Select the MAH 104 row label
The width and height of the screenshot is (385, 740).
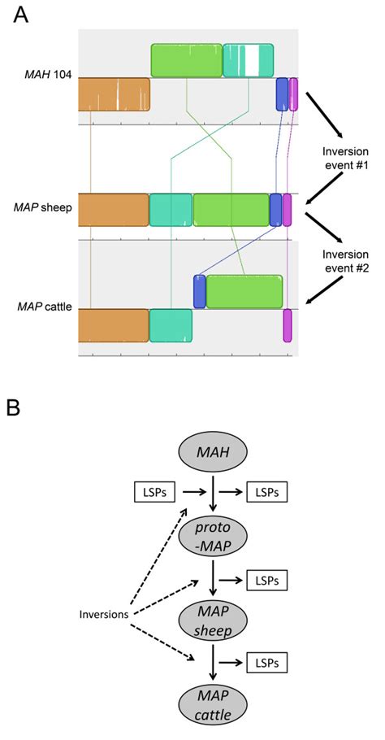point(46,79)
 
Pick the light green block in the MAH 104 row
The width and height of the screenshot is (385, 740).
point(186,60)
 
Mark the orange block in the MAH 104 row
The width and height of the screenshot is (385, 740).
point(114,94)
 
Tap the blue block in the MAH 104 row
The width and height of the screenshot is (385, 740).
point(282,94)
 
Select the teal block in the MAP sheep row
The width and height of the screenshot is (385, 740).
point(171,210)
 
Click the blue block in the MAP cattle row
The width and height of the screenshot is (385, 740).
point(199,291)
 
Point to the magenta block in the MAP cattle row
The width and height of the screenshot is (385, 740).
point(287,325)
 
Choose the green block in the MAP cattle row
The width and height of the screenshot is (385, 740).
point(244,291)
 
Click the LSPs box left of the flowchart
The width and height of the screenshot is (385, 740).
point(152,492)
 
